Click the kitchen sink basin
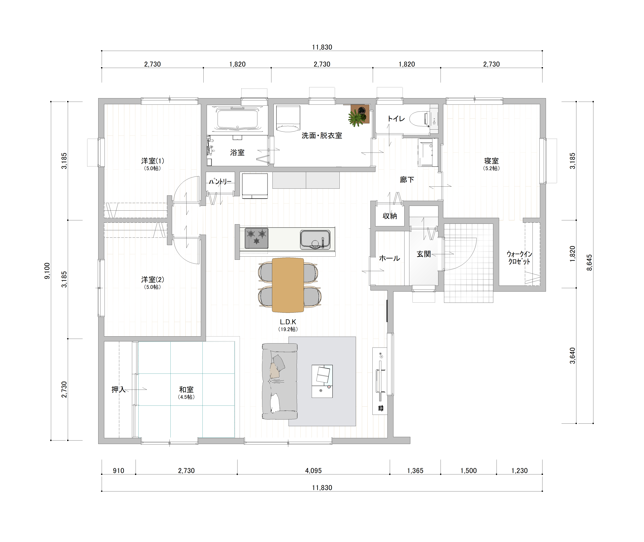pos(315,240)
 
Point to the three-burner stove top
pos(256,238)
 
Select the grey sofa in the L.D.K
pos(279,381)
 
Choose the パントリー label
pos(220,182)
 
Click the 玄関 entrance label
pos(424,254)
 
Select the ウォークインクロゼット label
pos(519,258)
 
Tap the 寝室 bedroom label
pos(491,161)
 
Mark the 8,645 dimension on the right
pos(589,262)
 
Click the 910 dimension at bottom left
pos(118,471)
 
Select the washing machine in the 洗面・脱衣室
pos(288,119)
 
